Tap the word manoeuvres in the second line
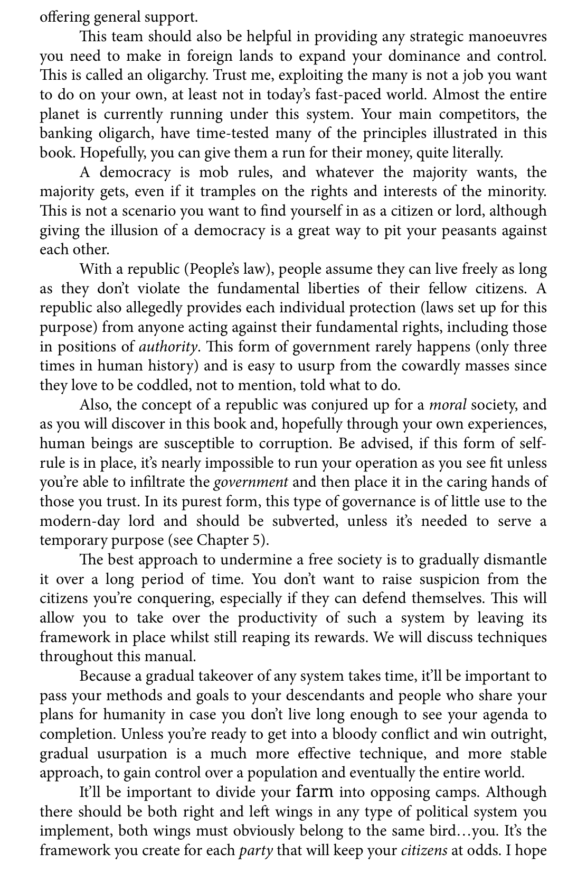coord(506,37)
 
